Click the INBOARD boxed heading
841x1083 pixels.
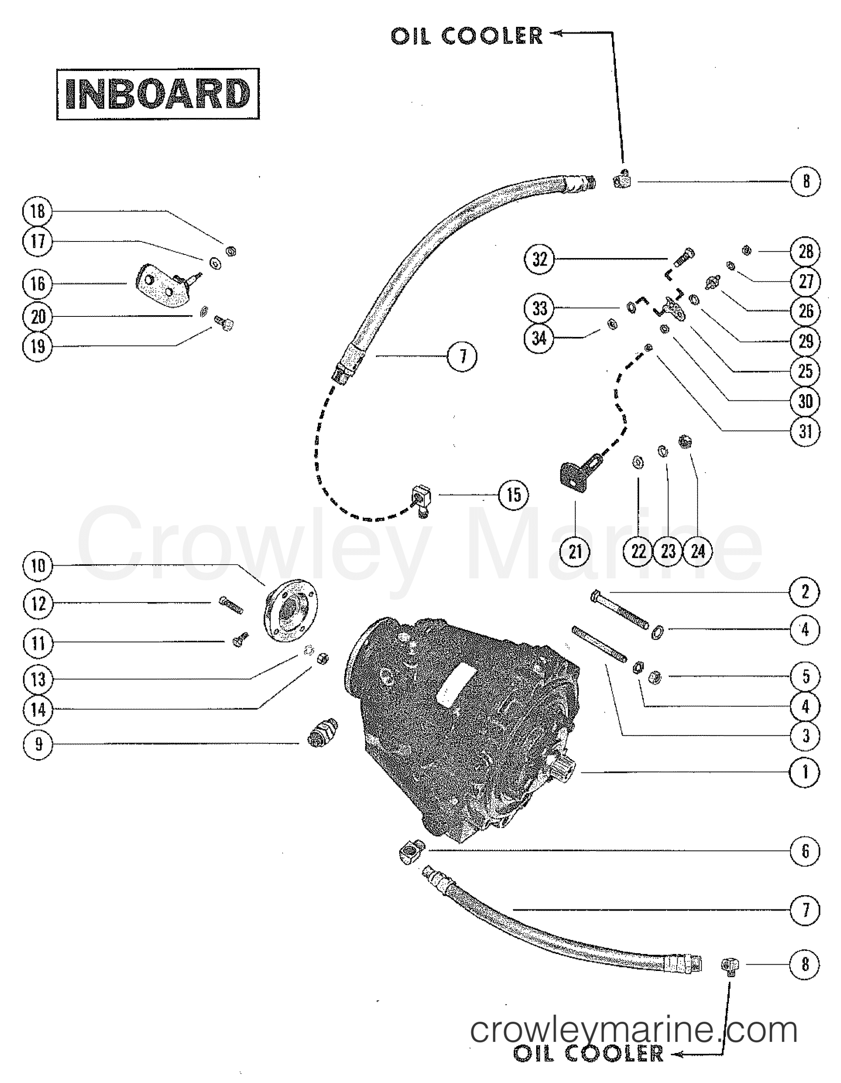pyautogui.click(x=158, y=94)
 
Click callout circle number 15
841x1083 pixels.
pyautogui.click(x=514, y=494)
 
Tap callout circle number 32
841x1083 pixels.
pyautogui.click(x=539, y=259)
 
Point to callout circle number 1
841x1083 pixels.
pyautogui.click(x=805, y=772)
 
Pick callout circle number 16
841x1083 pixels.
pyautogui.click(x=38, y=284)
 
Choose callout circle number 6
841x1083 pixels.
pyautogui.click(x=805, y=851)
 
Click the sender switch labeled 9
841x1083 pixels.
pyautogui.click(x=322, y=733)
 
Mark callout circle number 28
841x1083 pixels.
pyautogui.click(x=805, y=251)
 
